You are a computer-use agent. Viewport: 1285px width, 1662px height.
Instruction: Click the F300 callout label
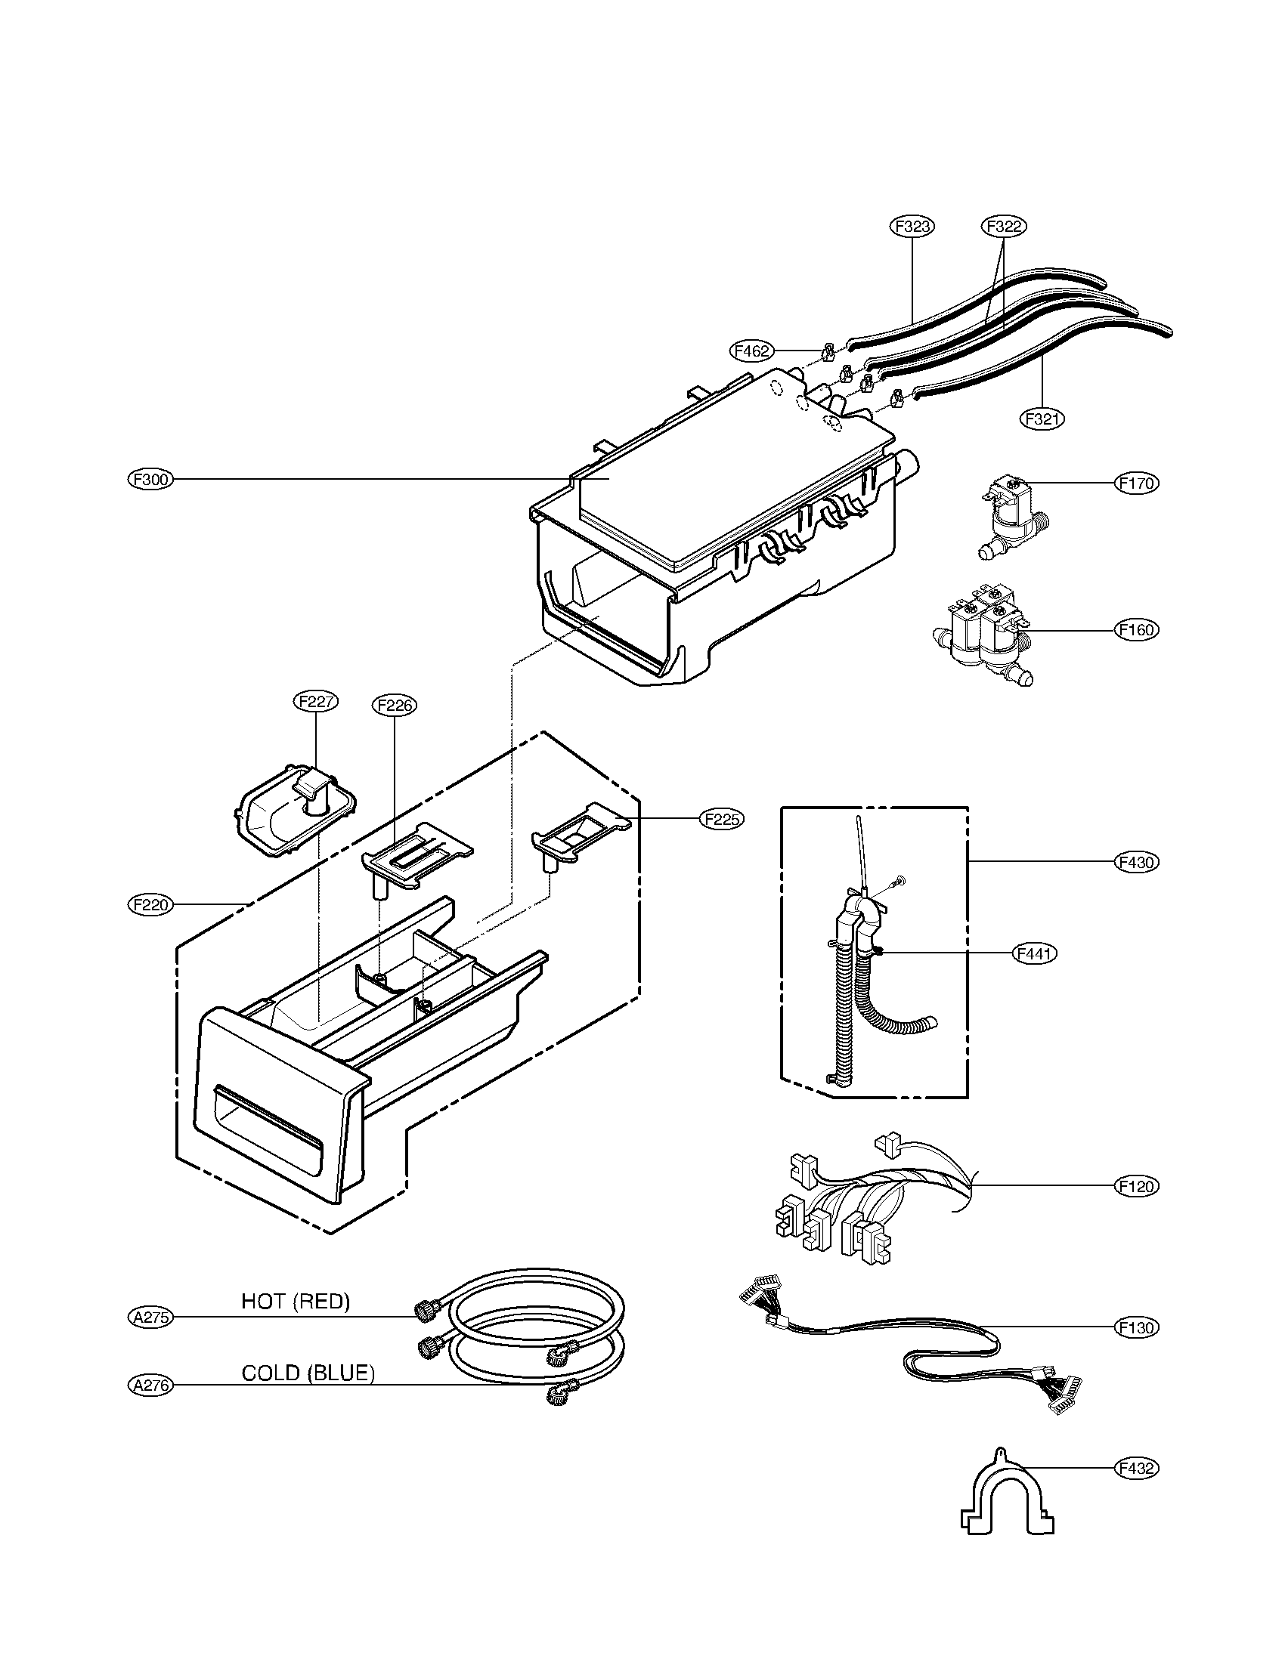150,480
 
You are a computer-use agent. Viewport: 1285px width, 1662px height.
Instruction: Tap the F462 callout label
752,351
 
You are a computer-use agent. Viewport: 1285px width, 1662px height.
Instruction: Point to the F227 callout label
315,702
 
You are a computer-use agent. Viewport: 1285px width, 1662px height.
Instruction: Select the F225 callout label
722,819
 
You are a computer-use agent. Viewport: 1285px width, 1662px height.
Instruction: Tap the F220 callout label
150,905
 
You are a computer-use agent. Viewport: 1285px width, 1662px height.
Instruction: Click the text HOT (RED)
296,1302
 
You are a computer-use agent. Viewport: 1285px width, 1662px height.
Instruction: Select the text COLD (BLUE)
308,1373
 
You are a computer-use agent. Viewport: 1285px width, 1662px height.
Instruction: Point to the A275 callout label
150,1317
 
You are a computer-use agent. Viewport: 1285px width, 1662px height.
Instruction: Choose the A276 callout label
150,1386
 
